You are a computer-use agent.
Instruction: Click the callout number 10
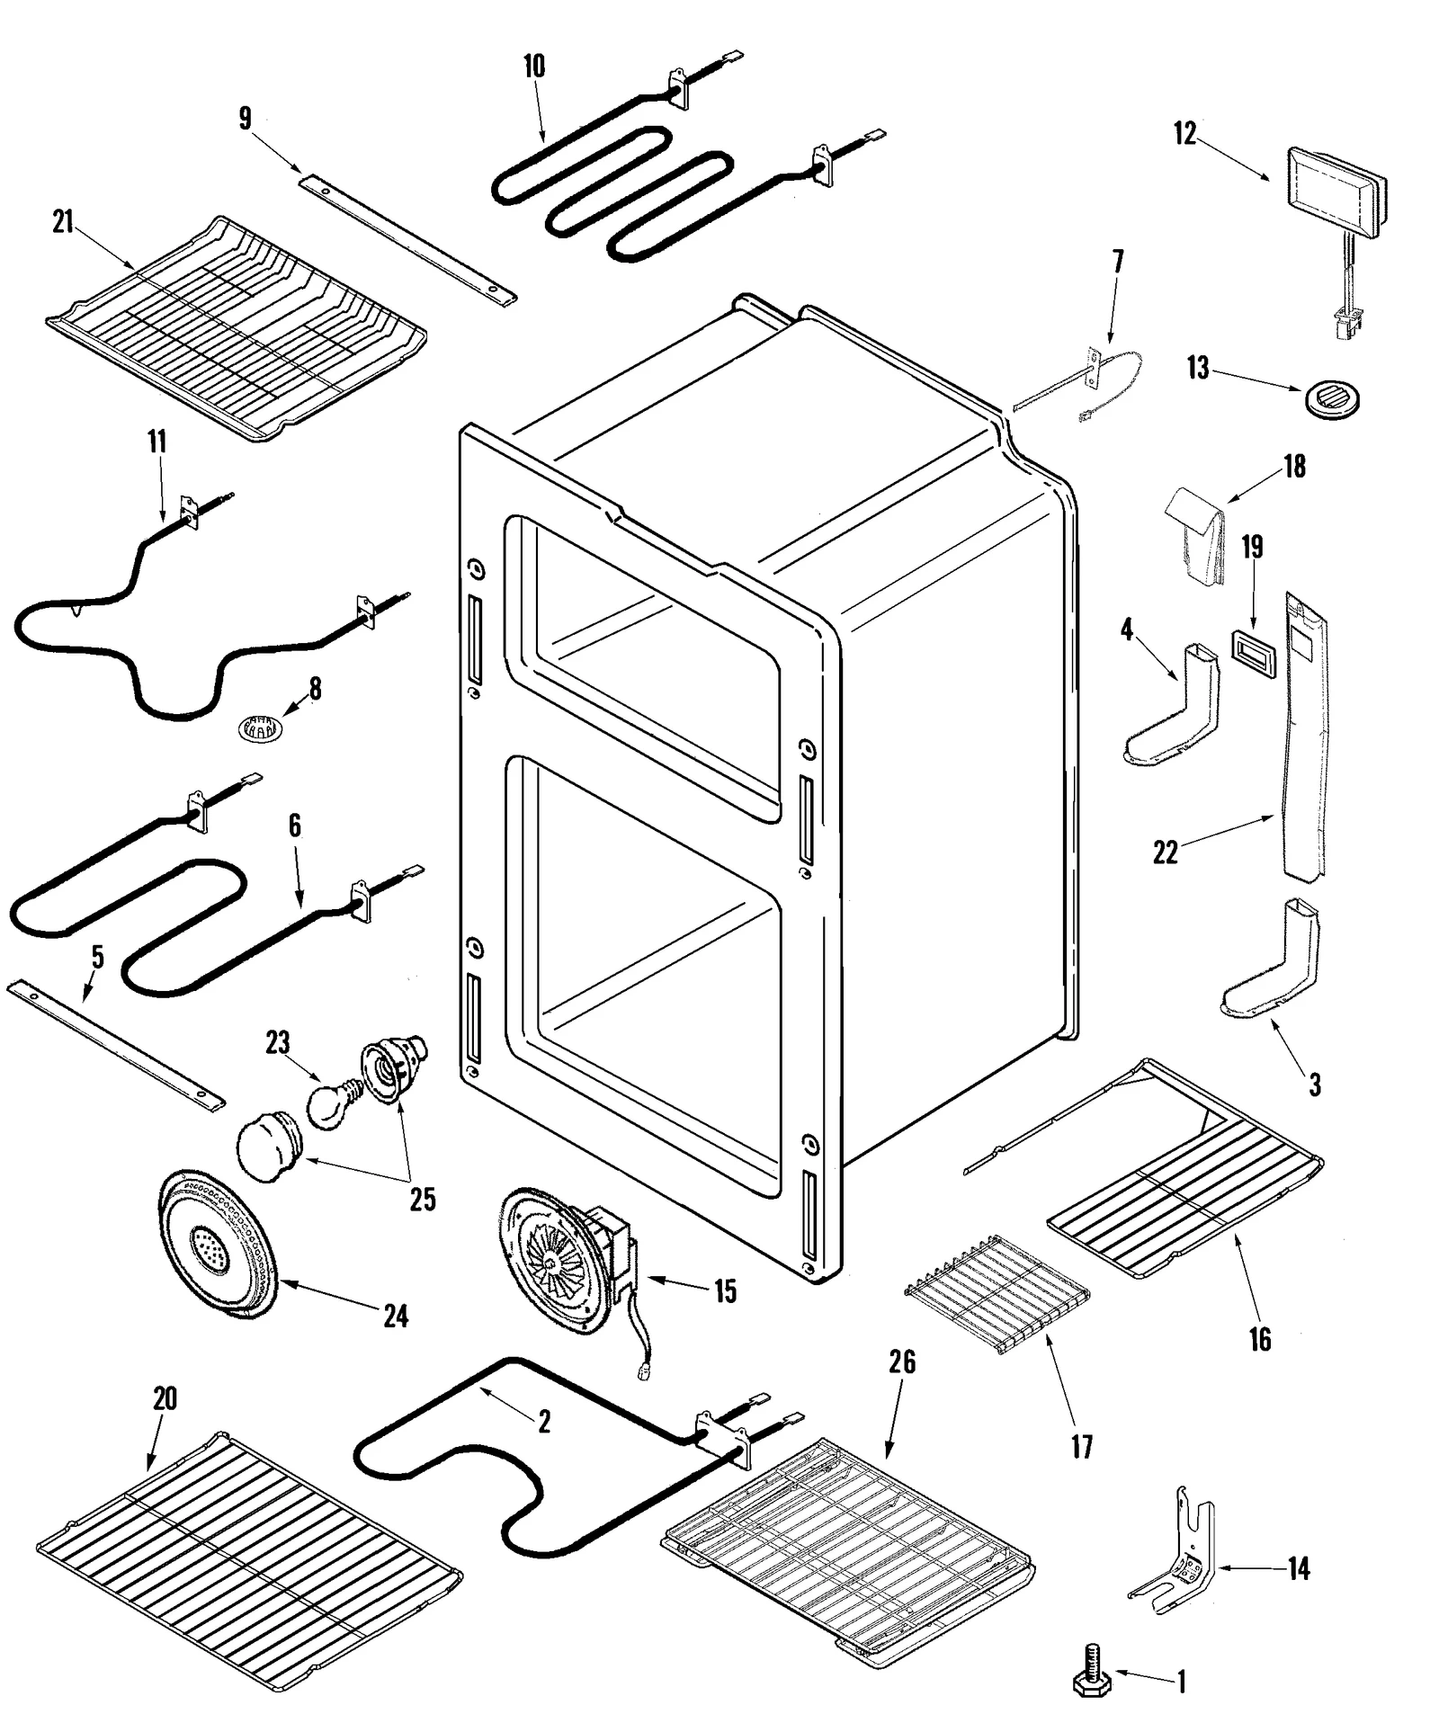(533, 67)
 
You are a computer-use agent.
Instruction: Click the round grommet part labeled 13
(1330, 397)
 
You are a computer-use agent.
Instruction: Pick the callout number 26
(901, 1362)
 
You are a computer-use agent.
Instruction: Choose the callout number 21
(62, 222)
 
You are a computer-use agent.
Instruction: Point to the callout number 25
(422, 1199)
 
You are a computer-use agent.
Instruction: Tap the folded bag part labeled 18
(1196, 537)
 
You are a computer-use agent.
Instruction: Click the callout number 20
(164, 1398)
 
